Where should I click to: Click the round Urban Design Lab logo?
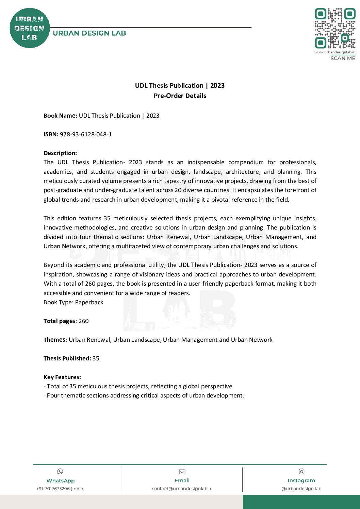coord(30,28)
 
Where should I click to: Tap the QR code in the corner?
coord(335,28)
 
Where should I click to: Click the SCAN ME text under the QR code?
coord(342,58)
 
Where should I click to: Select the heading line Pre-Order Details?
coord(180,96)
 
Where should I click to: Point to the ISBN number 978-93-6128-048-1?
coord(86,134)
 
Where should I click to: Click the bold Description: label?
coord(60,153)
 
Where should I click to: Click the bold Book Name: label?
coord(60,116)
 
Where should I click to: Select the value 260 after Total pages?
coord(83,321)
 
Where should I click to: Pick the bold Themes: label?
coord(55,340)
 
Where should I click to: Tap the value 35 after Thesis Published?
coord(96,358)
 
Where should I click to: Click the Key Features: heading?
coord(62,377)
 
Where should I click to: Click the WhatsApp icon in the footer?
coord(60,471)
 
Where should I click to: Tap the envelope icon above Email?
coord(182,472)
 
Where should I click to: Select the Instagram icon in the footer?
coord(301,471)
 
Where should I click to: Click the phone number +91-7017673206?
coord(60,489)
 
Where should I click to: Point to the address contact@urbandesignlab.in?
coord(182,489)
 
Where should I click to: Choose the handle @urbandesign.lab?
coord(301,489)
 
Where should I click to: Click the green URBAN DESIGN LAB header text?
coord(89,33)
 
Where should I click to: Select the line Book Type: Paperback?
coord(73,302)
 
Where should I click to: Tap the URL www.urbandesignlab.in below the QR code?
coord(335,52)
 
